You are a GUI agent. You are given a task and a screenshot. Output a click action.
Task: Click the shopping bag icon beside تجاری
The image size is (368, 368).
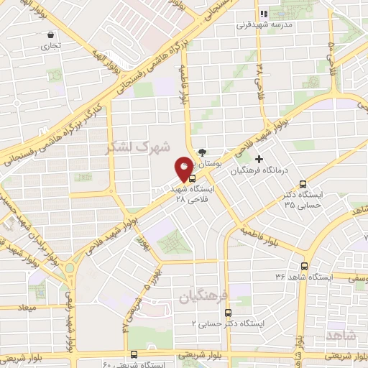[x=50, y=34]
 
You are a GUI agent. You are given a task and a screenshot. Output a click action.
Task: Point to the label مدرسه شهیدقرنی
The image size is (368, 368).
[x=267, y=23]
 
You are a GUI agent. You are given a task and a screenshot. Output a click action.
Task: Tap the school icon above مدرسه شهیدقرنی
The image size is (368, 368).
[x=263, y=12]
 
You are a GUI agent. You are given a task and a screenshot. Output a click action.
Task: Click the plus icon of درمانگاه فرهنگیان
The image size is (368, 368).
[x=259, y=158]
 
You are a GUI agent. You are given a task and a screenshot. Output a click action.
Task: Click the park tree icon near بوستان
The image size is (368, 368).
[x=202, y=152]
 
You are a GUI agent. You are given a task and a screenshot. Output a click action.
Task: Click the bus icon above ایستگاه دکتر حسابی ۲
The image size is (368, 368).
[x=228, y=313]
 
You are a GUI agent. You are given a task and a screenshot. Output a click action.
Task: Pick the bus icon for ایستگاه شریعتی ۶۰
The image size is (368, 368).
[x=134, y=354]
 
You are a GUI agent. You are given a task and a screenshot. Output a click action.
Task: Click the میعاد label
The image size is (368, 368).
[x=15, y=308]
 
